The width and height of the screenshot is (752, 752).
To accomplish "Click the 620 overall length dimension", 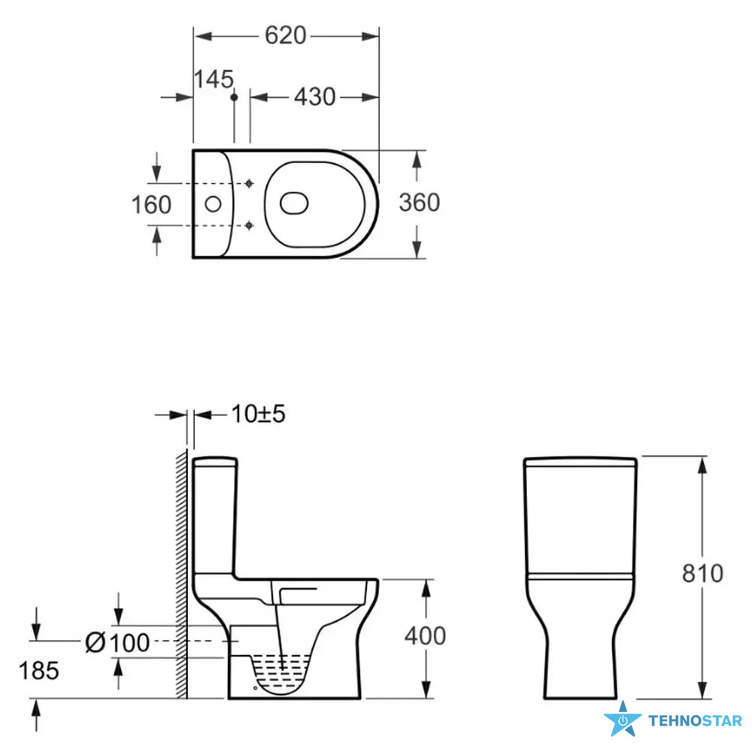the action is (285, 35).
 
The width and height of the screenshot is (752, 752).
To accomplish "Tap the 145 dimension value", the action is (214, 79).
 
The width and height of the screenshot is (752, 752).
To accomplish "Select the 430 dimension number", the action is (314, 97).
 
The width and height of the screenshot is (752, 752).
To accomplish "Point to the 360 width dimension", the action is (419, 202).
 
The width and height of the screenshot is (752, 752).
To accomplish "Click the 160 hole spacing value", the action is (151, 205).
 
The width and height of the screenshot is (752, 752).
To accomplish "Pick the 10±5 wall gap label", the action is (258, 414).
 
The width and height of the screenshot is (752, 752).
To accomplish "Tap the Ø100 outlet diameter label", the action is (117, 643).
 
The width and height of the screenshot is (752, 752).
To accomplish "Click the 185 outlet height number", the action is (39, 671).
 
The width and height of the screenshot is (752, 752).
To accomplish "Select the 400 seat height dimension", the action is (425, 636).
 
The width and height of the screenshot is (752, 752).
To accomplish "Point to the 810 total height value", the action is (702, 573).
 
